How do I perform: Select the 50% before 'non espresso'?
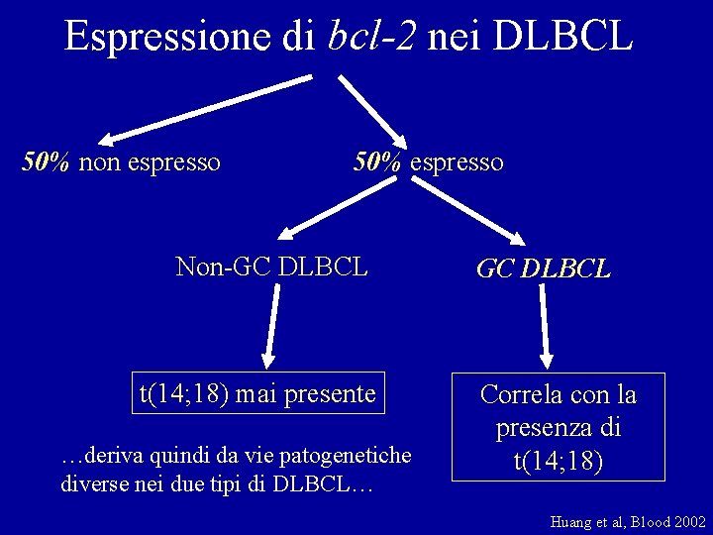(x=46, y=161)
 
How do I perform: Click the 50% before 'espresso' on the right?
(x=377, y=161)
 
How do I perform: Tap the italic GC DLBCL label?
(x=543, y=268)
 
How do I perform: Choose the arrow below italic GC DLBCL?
(x=545, y=328)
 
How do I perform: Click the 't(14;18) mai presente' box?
(x=257, y=394)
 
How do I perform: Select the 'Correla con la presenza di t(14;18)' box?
(x=558, y=427)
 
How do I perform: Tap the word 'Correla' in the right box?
(x=516, y=394)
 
